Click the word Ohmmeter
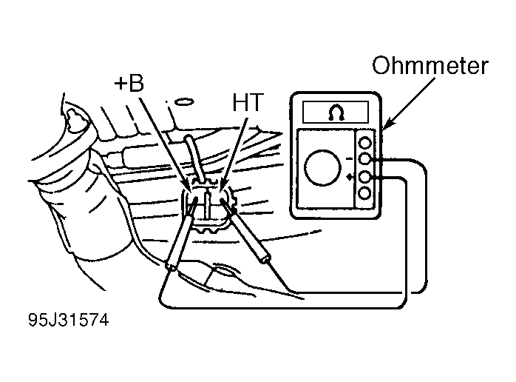pyautogui.click(x=430, y=66)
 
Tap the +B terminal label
pyautogui.click(x=129, y=83)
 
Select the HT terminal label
pyautogui.click(x=248, y=102)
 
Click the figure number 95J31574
pyautogui.click(x=69, y=320)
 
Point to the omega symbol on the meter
pyautogui.click(x=336, y=113)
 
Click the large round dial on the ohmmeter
pyautogui.click(x=322, y=168)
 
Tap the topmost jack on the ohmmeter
pyautogui.click(x=364, y=144)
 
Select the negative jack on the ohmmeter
pyautogui.click(x=364, y=159)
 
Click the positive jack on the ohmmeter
pyautogui.click(x=364, y=178)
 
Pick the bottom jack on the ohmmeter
pyautogui.click(x=364, y=193)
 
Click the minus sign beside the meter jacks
pyautogui.click(x=350, y=159)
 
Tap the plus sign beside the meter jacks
pyautogui.click(x=350, y=178)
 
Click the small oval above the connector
pyautogui.click(x=184, y=102)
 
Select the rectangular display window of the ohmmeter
pyautogui.click(x=336, y=113)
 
